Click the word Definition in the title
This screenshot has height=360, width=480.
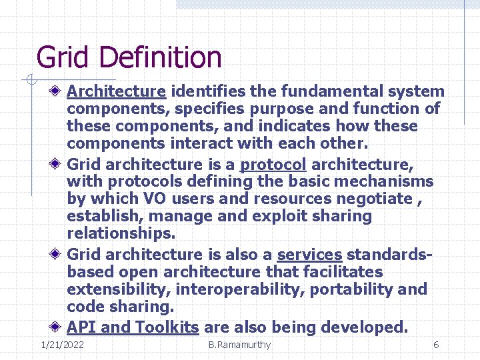click(160, 57)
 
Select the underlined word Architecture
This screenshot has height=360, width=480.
click(116, 91)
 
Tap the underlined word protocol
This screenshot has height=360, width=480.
click(273, 164)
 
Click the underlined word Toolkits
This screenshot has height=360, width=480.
click(167, 327)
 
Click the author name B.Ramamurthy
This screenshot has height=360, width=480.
click(239, 345)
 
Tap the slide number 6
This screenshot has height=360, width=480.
click(436, 345)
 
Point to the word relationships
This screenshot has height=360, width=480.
click(120, 233)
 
